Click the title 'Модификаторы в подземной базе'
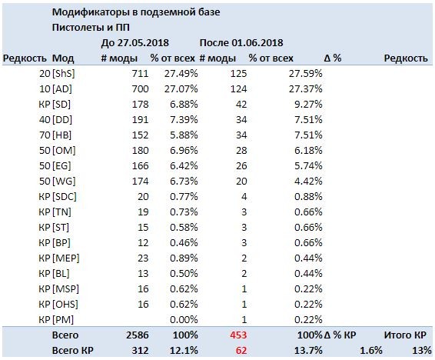(136, 12)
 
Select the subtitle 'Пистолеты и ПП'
(91, 28)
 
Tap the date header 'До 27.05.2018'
(134, 43)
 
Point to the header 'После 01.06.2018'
(241, 43)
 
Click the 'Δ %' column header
(332, 58)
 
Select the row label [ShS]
(64, 74)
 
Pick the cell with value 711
(140, 74)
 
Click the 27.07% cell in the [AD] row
(181, 88)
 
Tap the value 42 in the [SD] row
(241, 105)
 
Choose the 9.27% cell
(308, 105)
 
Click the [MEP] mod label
(66, 258)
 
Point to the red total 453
(238, 335)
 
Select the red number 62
(241, 350)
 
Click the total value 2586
(138, 335)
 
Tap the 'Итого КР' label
(405, 335)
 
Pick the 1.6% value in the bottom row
(371, 350)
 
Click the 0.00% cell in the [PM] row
(184, 320)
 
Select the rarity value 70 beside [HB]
(45, 135)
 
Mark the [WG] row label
(64, 182)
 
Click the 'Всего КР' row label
(73, 350)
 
